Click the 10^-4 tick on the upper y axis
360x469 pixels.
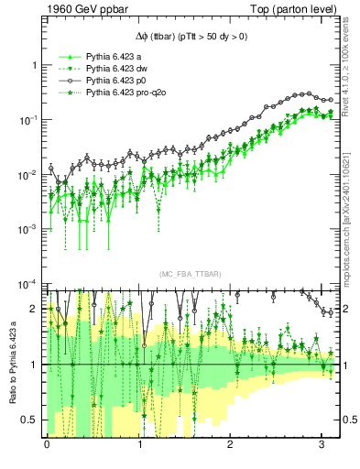coord(27,283)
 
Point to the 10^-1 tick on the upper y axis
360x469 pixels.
coord(27,120)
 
